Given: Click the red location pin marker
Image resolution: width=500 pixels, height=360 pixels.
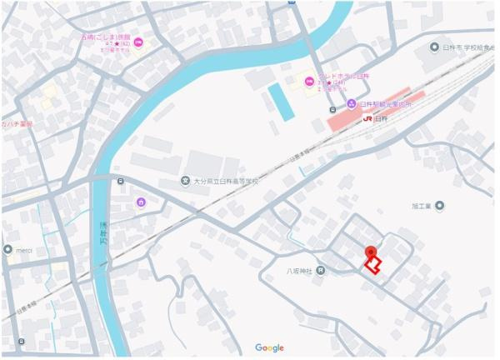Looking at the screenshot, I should (370, 252).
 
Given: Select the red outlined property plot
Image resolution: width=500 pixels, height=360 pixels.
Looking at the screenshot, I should (372, 266).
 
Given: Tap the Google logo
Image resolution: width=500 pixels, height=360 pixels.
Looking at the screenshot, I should (269, 347).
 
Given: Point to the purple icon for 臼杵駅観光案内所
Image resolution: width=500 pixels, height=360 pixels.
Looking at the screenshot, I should (352, 103).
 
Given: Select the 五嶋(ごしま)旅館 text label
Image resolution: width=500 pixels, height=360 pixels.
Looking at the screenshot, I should (106, 37).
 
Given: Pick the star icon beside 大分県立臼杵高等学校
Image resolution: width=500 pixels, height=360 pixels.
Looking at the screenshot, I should (184, 182).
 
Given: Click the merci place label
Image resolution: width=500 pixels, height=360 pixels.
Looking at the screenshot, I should (24, 249).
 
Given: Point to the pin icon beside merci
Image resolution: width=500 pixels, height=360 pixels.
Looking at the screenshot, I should (7, 249).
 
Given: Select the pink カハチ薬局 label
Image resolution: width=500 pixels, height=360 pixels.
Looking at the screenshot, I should (17, 124).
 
